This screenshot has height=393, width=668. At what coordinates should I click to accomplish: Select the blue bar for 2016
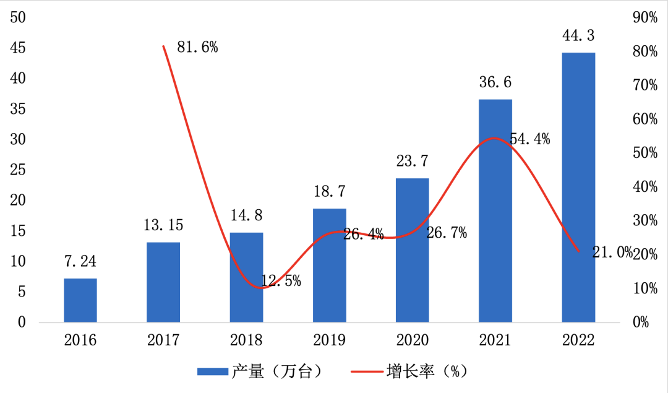pos(80,300)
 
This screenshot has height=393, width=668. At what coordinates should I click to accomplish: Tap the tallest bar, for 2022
pos(578,187)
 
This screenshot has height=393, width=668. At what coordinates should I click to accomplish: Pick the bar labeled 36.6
pos(495,210)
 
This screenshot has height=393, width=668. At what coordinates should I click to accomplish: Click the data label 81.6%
pos(197,47)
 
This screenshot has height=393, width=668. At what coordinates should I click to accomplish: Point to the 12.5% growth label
pos(281,281)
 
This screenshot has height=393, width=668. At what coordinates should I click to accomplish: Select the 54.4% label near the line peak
pos(529,139)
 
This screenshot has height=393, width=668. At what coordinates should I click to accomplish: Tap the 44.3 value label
pos(578,36)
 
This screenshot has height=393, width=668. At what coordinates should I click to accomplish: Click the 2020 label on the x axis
pos(413,340)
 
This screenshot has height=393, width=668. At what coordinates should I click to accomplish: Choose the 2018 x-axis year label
pos(246,340)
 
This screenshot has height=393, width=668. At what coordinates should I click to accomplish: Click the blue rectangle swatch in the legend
pos(213,371)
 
